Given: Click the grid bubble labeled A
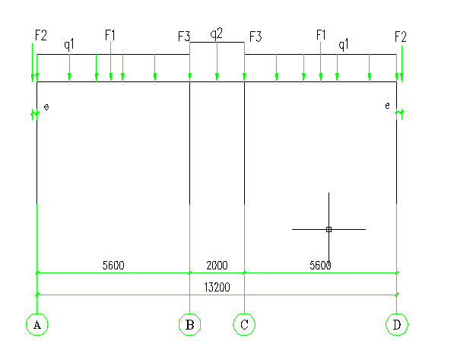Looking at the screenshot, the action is click(37, 324).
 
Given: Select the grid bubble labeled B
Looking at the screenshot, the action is click(189, 324).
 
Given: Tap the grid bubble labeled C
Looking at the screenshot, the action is click(244, 324).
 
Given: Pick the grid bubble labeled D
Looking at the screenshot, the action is click(397, 324).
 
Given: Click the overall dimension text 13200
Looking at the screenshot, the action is click(217, 287).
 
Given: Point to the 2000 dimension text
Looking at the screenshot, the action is click(217, 265).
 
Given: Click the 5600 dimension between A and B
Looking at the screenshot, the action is click(113, 265).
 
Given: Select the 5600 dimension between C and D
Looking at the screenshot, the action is click(320, 265).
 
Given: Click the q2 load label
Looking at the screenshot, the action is click(216, 33).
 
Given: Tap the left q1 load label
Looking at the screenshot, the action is click(69, 45).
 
